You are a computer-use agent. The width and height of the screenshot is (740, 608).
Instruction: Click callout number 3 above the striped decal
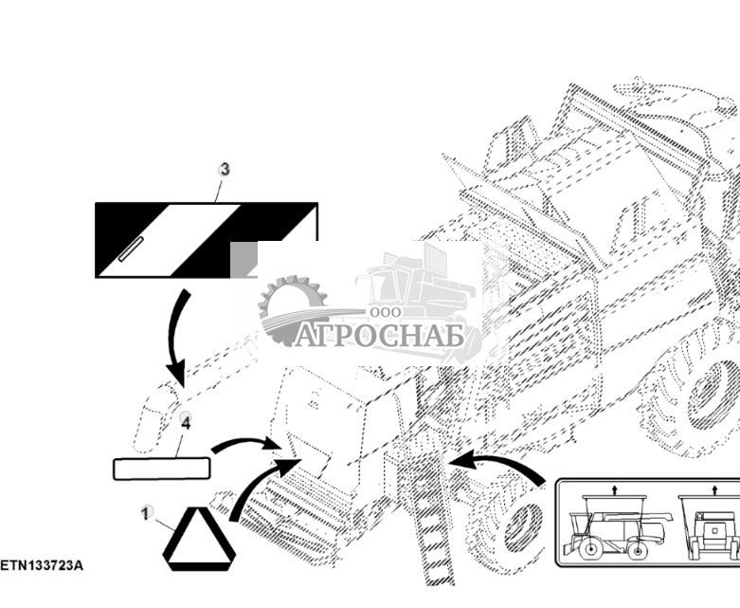coord(225,170)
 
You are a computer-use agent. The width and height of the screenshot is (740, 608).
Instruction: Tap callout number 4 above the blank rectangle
coord(186,422)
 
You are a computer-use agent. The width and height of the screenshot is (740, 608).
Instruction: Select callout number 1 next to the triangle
coord(146,513)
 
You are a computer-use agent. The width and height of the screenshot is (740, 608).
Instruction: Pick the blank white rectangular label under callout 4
coord(161,469)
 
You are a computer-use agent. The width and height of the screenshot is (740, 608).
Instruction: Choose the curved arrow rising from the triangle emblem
coord(262,488)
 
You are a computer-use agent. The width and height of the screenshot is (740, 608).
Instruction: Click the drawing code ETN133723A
coord(42,566)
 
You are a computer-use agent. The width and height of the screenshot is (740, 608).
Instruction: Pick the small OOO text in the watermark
coord(386,312)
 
